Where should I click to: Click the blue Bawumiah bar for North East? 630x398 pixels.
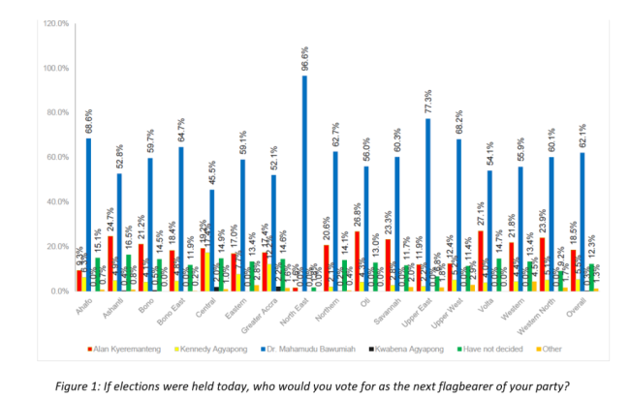304,184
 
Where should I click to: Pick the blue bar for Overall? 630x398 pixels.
580,222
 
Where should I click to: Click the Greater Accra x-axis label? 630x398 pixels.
270,313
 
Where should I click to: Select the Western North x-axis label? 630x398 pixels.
548,314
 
